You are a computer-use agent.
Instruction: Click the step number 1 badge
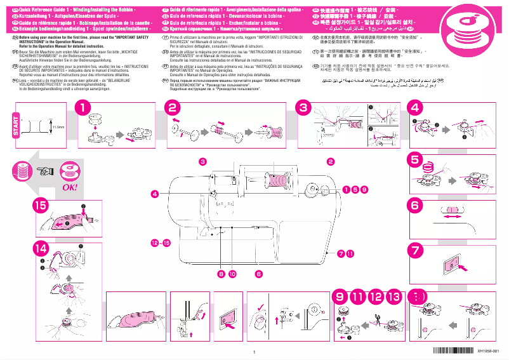(x=82, y=109)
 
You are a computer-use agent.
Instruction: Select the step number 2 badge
(x=173, y=109)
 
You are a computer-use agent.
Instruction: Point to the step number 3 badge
(x=304, y=109)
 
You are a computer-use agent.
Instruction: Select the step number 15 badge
(x=41, y=205)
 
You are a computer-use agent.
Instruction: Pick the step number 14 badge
(x=41, y=249)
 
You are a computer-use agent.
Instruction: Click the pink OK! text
(x=69, y=188)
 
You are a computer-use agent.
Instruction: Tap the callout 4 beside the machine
(x=154, y=193)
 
